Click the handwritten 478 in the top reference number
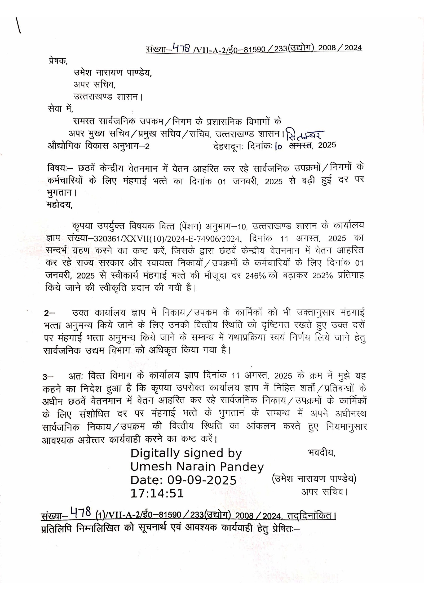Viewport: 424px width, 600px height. coord(181,48)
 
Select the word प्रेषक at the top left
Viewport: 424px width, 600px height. coord(58,61)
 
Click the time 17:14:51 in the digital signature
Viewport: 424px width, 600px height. coord(157,493)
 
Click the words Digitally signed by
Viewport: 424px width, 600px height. coord(186,453)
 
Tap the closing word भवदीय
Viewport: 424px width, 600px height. coord(321,453)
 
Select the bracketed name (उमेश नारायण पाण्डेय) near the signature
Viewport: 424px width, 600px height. coord(314,479)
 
